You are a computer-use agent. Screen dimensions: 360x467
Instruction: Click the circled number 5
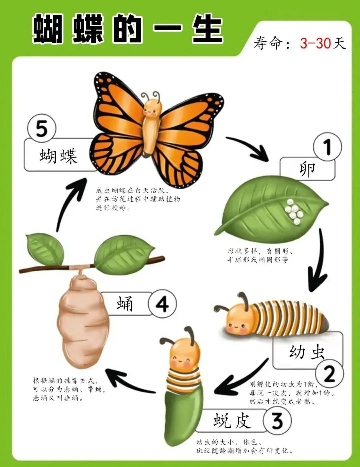point(41,129)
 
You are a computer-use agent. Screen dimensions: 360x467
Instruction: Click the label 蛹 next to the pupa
point(125,304)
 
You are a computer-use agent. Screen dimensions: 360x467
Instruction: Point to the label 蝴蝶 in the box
point(58,156)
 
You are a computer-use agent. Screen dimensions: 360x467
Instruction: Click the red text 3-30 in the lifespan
point(315,43)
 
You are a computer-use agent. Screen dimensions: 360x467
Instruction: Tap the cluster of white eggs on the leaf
point(294,211)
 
